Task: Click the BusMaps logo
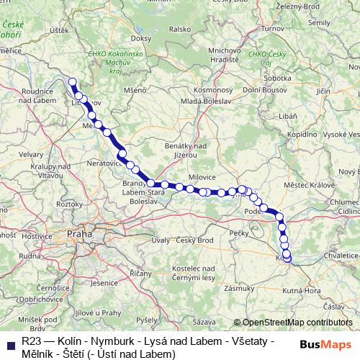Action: coord(325,343)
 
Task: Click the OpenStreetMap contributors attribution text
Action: coord(297,323)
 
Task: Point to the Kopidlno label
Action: coord(302,135)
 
